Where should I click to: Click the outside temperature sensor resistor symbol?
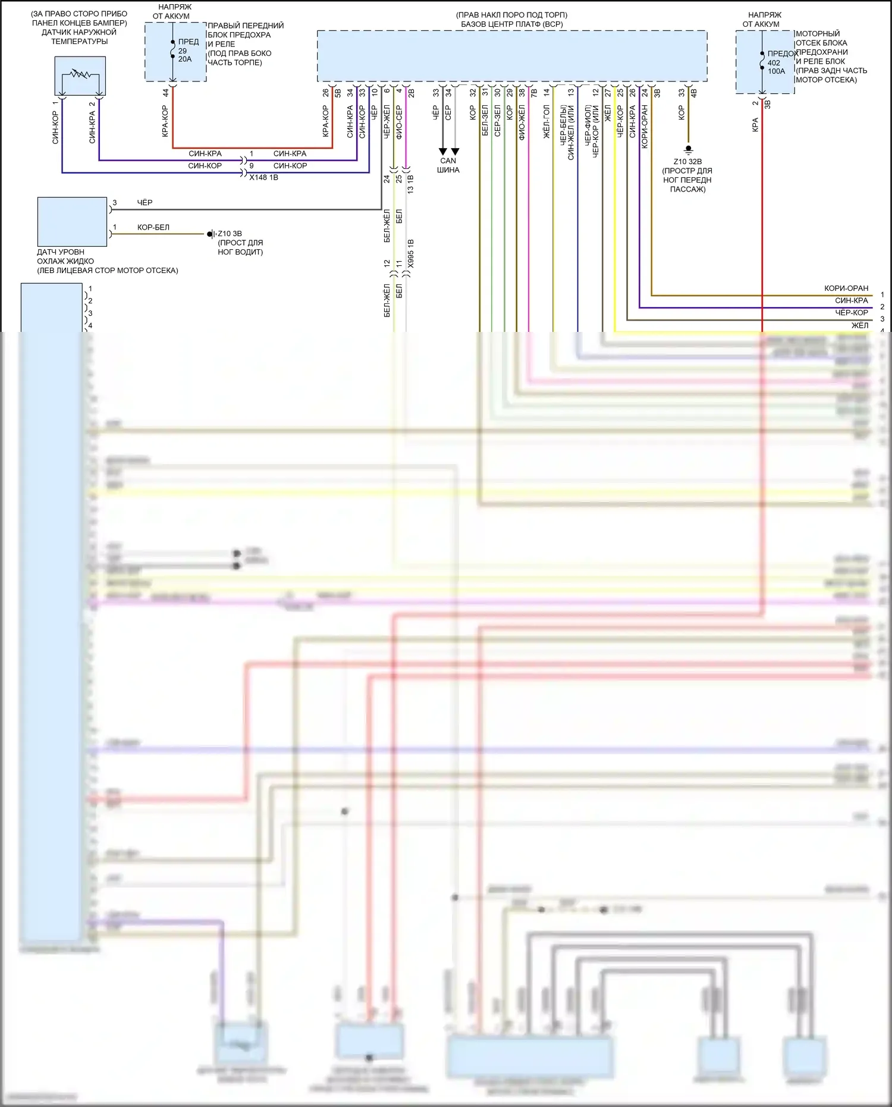79,75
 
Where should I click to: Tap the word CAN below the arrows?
448,161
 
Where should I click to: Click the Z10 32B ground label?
687,162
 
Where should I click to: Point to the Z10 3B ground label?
230,234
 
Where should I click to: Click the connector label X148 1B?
263,177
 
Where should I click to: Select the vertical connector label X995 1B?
410,253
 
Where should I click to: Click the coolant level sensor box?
72,221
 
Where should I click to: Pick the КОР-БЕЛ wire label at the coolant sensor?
153,227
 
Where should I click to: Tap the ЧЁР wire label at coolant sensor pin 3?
145,203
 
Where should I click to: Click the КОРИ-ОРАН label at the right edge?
846,288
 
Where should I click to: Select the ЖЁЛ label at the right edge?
859,325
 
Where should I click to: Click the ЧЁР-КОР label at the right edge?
851,313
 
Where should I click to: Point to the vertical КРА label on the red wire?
755,125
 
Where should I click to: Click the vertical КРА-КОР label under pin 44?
165,121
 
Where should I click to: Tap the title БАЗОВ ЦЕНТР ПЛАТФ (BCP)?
511,24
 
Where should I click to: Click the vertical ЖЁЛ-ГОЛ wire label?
546,122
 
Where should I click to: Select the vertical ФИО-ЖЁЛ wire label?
522,122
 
